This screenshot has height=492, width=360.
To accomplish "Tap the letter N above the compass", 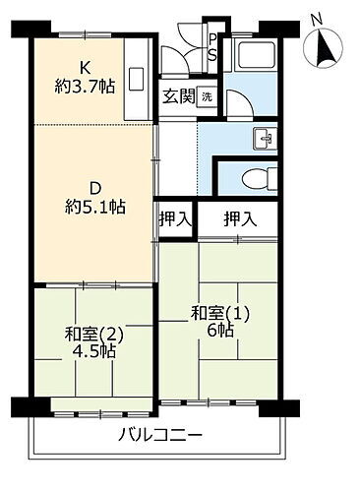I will click(x=317, y=18).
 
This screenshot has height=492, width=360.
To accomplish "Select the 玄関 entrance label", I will click(x=179, y=96).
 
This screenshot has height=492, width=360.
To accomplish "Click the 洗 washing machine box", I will click(x=207, y=96).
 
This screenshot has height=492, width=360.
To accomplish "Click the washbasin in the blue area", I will click(x=261, y=137).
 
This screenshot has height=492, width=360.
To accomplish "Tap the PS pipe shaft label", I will click(x=212, y=46).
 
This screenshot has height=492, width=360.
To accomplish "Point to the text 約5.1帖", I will click(x=95, y=207).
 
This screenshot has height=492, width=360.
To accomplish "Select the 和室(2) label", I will click(x=83, y=332).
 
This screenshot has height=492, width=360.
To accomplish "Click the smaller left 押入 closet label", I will click(x=174, y=219).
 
